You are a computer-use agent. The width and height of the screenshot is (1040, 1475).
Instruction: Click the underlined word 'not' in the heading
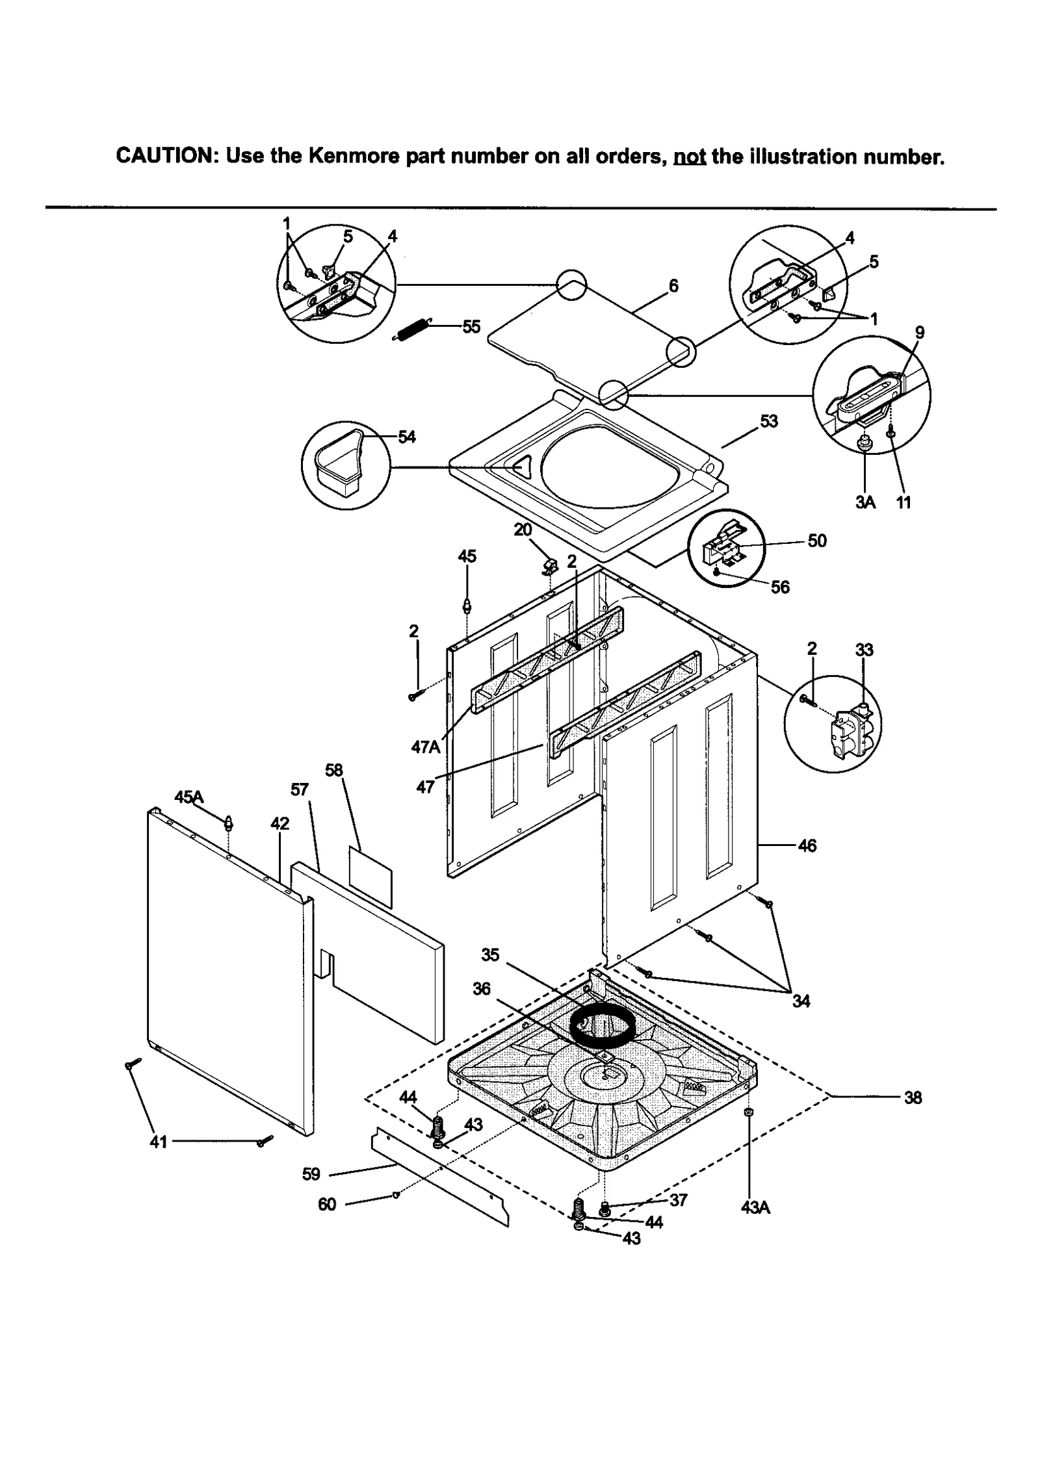click(690, 157)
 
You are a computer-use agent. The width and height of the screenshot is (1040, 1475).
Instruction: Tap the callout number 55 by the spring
click(471, 326)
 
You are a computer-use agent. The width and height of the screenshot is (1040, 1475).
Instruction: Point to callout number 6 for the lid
click(673, 285)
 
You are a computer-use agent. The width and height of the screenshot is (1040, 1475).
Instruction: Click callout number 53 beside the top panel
click(769, 421)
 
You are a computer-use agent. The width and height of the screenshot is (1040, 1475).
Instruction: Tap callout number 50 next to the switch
click(816, 541)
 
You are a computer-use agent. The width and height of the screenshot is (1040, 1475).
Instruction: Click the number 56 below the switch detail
click(780, 587)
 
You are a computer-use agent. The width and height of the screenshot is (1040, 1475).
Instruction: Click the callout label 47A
click(426, 747)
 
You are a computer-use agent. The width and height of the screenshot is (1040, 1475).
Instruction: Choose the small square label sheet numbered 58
click(370, 876)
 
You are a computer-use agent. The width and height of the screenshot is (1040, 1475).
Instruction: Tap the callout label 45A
click(189, 797)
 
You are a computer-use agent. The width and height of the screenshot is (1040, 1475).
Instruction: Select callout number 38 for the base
click(913, 1097)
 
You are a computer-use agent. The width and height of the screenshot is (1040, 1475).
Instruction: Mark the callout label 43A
click(755, 1207)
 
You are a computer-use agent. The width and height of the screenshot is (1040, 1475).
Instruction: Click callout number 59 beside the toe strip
click(311, 1174)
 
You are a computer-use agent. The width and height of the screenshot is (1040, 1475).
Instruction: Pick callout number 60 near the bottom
click(327, 1204)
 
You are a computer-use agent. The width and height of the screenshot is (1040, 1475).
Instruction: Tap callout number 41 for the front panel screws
click(159, 1142)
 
